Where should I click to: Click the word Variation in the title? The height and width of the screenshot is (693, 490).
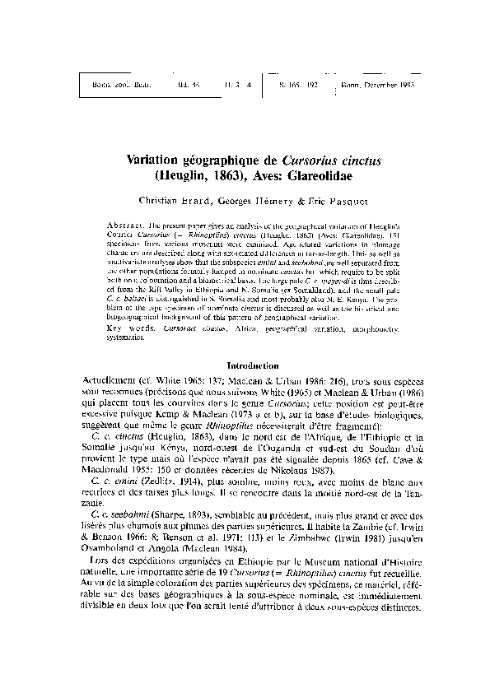[x=157, y=160]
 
